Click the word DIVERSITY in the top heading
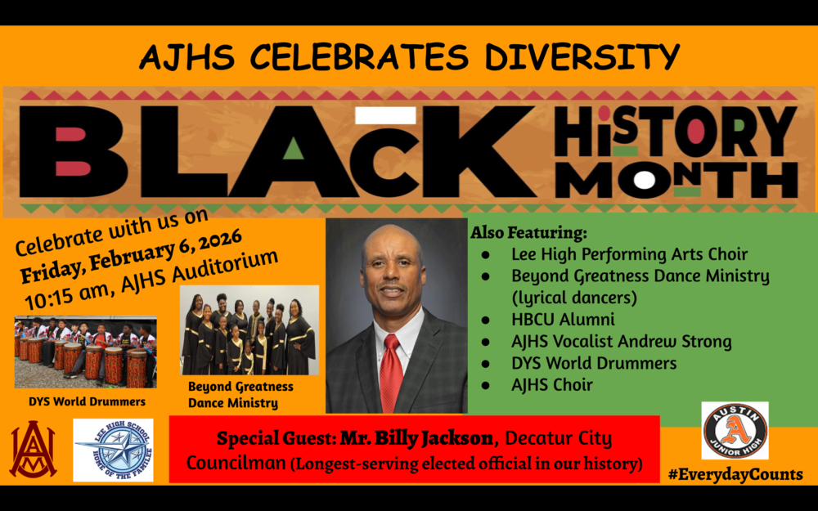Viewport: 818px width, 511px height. point(582,56)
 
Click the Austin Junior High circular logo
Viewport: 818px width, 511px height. point(735,430)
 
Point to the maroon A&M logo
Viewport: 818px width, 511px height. point(33,450)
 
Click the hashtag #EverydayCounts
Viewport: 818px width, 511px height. point(735,474)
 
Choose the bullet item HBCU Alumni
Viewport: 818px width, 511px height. point(563,320)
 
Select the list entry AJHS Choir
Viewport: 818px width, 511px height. point(551,384)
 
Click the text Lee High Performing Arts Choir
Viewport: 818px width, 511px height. point(629,254)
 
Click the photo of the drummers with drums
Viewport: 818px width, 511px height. point(85,352)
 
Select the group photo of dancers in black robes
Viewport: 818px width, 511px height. point(249,329)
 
